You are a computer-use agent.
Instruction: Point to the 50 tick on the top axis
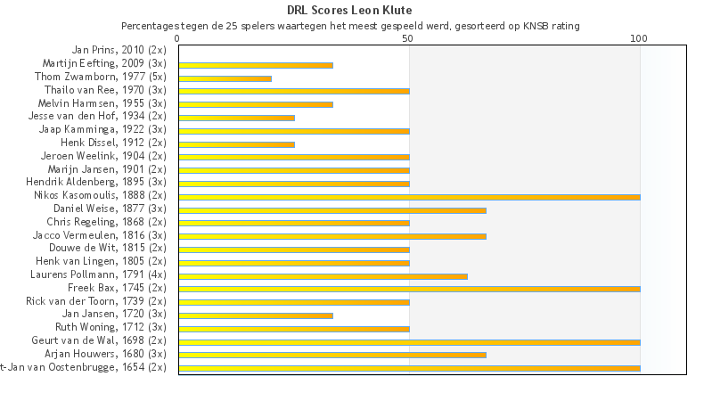point(408,38)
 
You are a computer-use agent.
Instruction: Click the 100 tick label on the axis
point(638,38)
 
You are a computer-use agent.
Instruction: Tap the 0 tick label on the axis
point(178,38)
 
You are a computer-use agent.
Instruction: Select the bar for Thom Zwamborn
point(225,78)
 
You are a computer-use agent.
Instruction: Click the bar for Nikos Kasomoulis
point(409,196)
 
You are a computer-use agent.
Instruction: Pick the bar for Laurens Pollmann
point(323,275)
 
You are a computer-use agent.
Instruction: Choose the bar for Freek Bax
point(409,289)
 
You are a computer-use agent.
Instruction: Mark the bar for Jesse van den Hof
point(236,118)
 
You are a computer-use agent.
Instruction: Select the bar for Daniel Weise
point(332,209)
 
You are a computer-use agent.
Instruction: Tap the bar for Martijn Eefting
point(256,65)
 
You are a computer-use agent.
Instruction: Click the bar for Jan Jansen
point(256,315)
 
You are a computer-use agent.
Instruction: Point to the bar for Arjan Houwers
point(332,354)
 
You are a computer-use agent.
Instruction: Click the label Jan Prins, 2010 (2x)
point(119,51)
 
